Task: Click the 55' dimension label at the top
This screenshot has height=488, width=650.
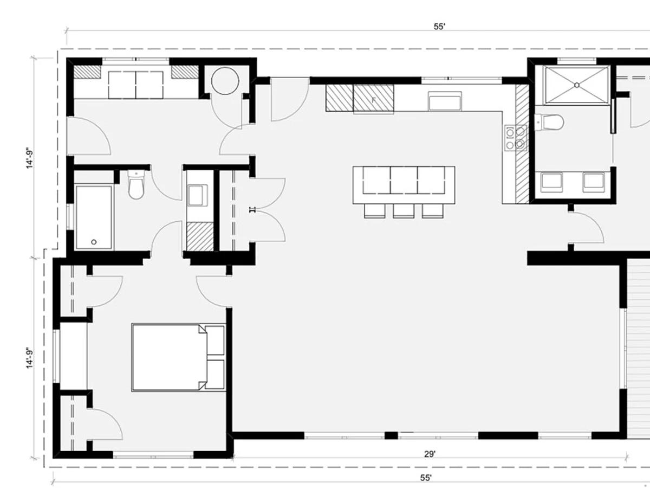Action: tap(439, 27)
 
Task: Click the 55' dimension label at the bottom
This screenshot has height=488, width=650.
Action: tap(426, 478)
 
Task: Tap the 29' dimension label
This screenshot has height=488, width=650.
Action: tap(430, 454)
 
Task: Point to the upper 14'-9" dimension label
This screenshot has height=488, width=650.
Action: tap(30, 158)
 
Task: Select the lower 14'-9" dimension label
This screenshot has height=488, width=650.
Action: tap(30, 358)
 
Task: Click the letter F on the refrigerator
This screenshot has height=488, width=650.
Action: tap(374, 100)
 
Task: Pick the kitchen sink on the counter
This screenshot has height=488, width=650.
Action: tap(445, 101)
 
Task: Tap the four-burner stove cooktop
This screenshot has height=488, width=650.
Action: tap(516, 138)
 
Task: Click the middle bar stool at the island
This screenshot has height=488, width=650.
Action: tap(404, 211)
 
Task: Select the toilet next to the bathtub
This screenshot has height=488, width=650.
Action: tap(136, 184)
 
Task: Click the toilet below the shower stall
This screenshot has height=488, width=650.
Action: tap(549, 122)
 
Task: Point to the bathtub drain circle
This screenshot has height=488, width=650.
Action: tap(94, 242)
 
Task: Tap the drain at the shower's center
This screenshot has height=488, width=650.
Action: tap(576, 85)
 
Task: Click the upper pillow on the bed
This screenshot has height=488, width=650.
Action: tap(214, 341)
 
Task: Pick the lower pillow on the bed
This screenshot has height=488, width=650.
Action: tap(214, 374)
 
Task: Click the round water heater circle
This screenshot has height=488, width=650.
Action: tap(225, 81)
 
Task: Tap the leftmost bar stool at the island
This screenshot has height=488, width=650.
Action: tap(375, 211)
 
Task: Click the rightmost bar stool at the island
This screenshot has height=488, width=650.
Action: tap(433, 211)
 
